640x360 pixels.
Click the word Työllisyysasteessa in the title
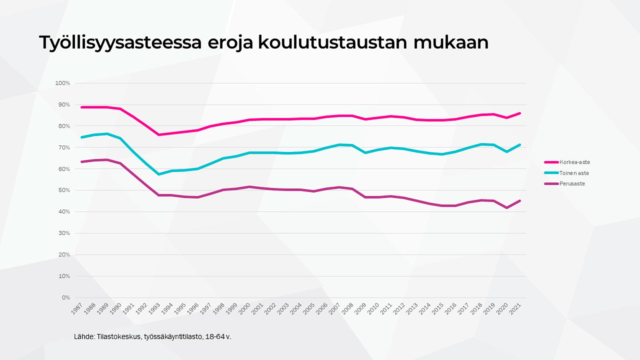(x=120, y=43)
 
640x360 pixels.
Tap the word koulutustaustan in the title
(x=332, y=43)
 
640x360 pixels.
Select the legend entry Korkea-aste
(x=574, y=162)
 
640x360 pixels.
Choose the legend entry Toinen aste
(x=574, y=173)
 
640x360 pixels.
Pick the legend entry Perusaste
(x=572, y=184)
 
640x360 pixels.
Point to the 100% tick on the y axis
(x=63, y=83)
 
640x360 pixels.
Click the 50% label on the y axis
(x=64, y=190)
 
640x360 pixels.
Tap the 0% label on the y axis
(x=66, y=298)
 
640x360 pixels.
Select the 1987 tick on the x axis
(x=77, y=309)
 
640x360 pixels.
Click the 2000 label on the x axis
(x=244, y=309)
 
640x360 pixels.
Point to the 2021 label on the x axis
(x=515, y=309)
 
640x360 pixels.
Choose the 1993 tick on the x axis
(x=154, y=309)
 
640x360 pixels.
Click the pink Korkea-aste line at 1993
(x=159, y=135)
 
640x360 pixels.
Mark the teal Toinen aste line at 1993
(x=159, y=174)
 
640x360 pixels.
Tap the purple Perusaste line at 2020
(x=507, y=208)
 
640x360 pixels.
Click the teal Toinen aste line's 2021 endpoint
(x=520, y=145)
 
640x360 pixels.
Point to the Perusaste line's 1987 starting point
(x=81, y=162)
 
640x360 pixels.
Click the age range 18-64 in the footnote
(x=215, y=337)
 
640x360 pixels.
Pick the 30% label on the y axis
(x=64, y=233)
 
